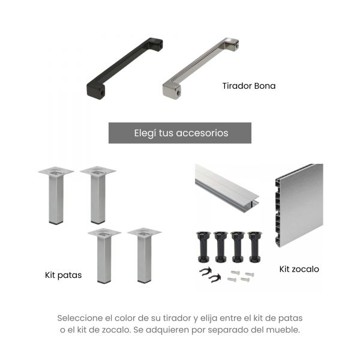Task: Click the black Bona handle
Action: coord(125,68)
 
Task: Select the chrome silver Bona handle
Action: coord(200,68)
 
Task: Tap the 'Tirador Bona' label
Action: coord(249,86)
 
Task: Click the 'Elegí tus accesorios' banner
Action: coord(180,133)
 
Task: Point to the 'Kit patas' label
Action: coord(64,275)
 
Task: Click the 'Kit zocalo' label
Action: coord(299,269)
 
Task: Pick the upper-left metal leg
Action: coord(56,196)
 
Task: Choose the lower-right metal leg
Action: coord(144,256)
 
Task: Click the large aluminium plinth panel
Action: coord(299,205)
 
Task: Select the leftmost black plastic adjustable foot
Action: coord(203,247)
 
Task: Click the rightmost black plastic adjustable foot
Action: coord(254,247)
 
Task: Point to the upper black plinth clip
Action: coord(205,272)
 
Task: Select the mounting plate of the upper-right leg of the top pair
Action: coord(98,171)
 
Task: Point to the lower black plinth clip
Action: coord(215,278)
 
